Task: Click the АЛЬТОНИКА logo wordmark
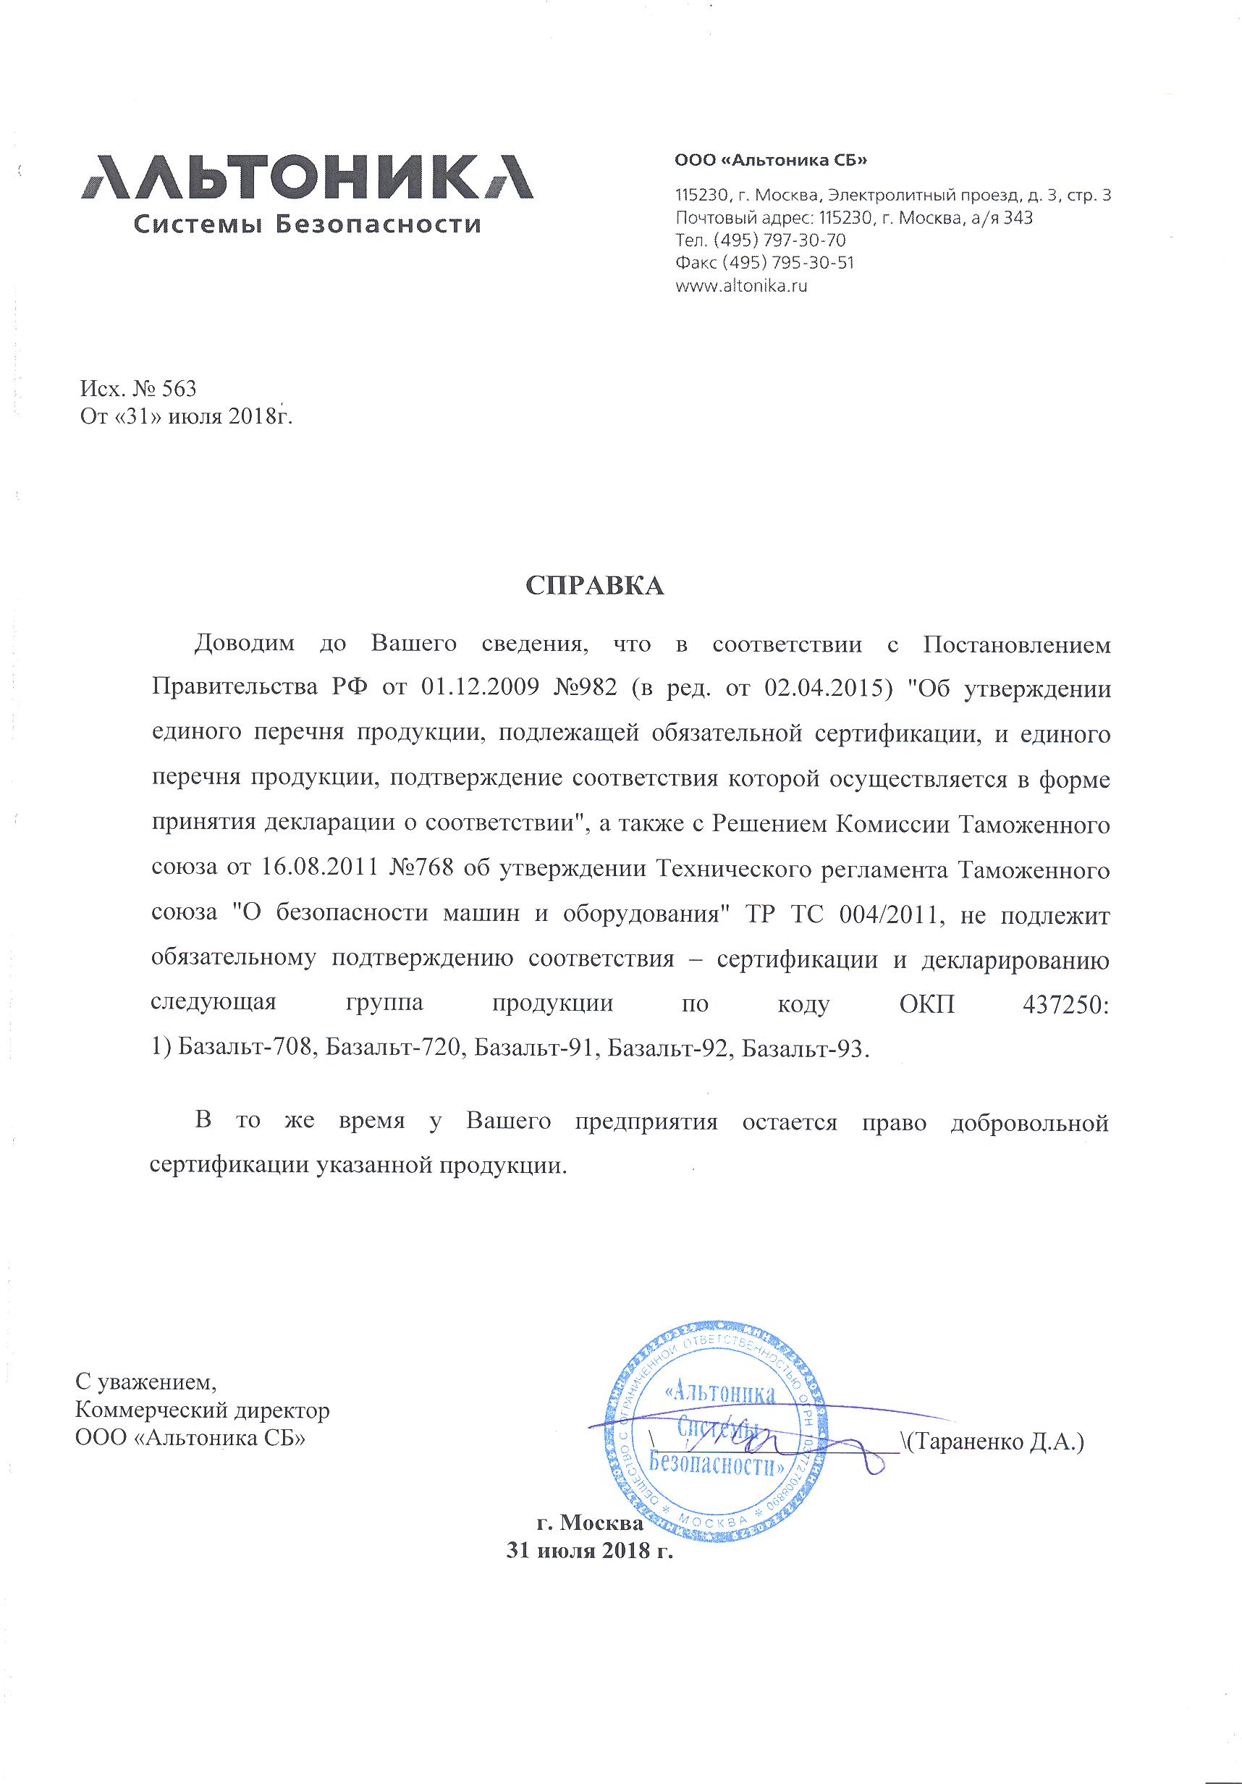307,177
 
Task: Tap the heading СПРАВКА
595,586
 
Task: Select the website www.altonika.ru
742,285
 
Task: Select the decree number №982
580,689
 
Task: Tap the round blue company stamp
715,1429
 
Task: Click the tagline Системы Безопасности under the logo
307,225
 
